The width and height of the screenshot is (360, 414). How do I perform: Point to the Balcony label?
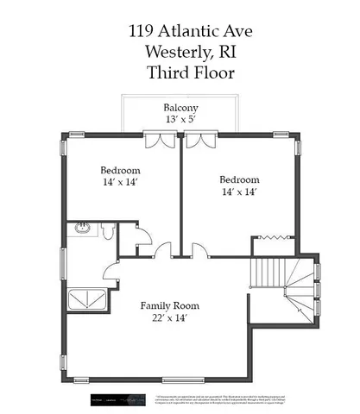point(182,108)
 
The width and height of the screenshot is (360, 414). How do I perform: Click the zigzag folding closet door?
point(271,235)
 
